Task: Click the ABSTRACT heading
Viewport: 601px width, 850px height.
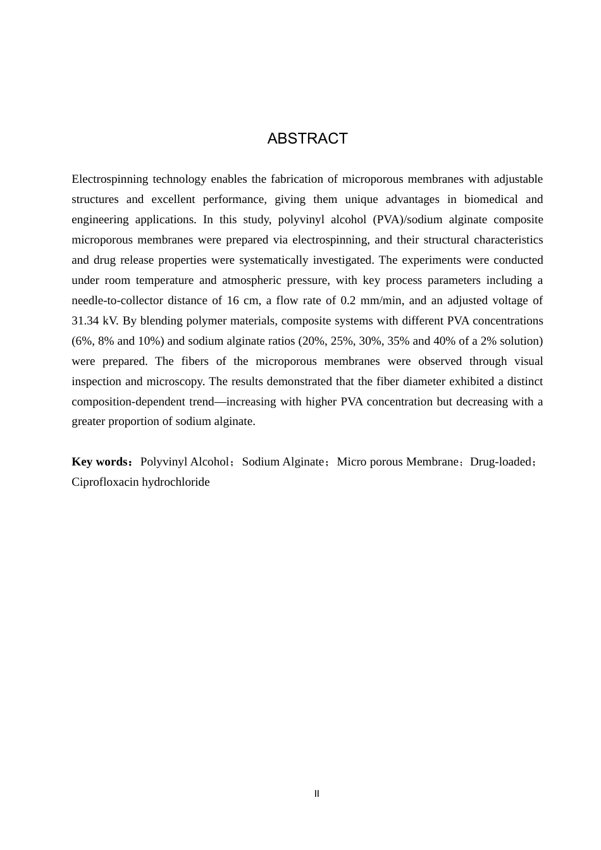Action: point(307,139)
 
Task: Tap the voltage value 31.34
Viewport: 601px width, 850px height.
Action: point(85,321)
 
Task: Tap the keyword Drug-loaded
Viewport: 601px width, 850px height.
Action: point(500,462)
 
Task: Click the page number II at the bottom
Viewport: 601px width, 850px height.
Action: point(317,794)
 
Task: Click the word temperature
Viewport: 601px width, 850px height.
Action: point(164,280)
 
